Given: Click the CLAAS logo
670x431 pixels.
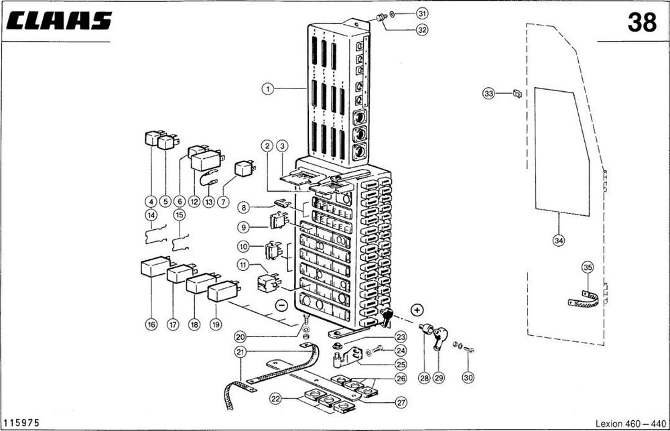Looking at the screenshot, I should click(x=58, y=21).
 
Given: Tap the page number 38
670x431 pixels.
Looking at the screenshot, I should click(x=642, y=23).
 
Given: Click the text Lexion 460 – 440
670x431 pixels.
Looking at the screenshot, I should click(x=630, y=423).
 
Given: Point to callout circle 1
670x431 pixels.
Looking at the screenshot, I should click(x=268, y=88).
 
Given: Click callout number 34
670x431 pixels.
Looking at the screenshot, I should click(x=559, y=239).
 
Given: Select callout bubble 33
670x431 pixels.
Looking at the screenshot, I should click(x=488, y=94).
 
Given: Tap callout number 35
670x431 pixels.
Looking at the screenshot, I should click(x=588, y=268).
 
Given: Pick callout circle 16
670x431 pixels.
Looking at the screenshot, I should click(x=151, y=324).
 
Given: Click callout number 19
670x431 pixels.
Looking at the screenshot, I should click(x=216, y=324).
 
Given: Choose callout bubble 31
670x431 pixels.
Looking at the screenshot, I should click(x=421, y=13).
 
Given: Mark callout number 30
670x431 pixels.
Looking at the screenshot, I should click(x=468, y=377).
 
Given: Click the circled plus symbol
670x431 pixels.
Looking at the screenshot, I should click(x=417, y=310).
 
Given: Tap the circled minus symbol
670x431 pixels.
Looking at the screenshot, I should click(x=281, y=305).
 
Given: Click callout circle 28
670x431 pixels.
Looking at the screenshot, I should click(x=423, y=377).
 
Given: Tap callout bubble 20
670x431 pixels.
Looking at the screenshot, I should click(x=241, y=336).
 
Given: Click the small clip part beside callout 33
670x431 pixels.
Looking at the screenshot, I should click(x=517, y=93).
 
